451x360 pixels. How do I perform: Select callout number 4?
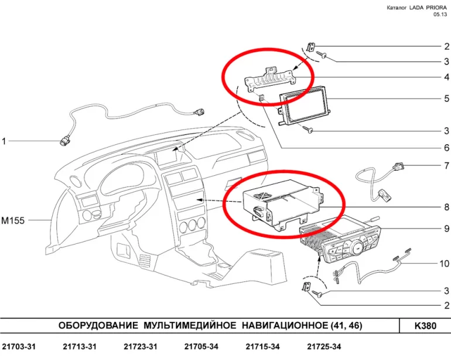coord(446,77)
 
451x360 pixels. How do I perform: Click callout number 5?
coord(446,99)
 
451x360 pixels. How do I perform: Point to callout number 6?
coord(446,148)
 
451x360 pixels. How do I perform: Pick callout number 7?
coord(446,166)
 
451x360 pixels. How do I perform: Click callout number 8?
coord(446,207)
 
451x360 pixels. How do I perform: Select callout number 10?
coord(443,263)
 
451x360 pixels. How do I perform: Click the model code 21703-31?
coord(19,347)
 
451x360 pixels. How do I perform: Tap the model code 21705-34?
coord(201,347)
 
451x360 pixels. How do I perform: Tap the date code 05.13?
coord(439,15)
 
